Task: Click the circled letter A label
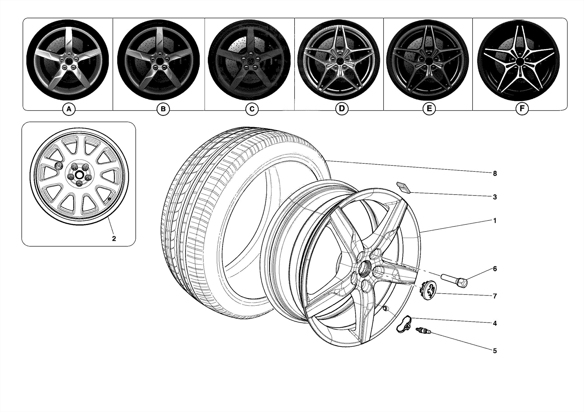(69, 109)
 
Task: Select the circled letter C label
(252, 109)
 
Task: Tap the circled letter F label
(522, 109)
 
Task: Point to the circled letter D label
(342, 108)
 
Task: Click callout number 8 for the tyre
(495, 173)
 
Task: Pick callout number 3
(495, 197)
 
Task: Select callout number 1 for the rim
(495, 221)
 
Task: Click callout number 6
(495, 269)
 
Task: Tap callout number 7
(495, 296)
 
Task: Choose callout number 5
(495, 351)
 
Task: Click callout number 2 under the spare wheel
(114, 239)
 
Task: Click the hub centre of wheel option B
(159, 61)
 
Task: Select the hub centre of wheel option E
(429, 61)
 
